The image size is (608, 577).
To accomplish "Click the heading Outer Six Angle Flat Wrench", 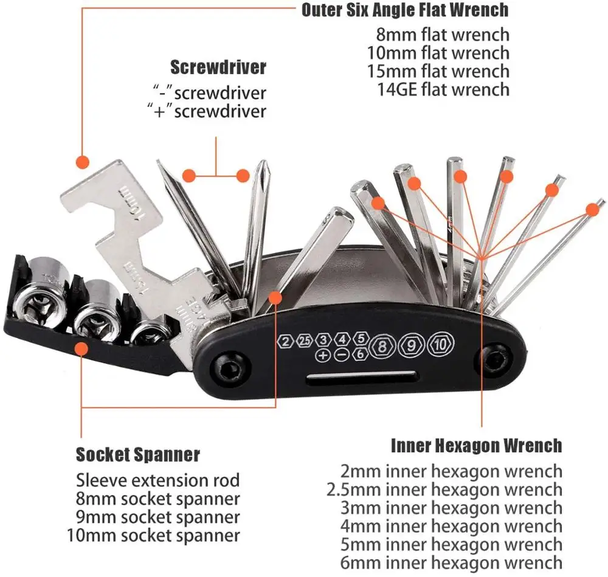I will (405, 10).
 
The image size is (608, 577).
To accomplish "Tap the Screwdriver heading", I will (218, 67).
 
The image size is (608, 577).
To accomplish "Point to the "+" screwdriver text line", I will (207, 111).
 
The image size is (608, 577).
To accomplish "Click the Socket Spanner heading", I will (138, 454).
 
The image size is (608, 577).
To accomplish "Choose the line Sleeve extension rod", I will (158, 480).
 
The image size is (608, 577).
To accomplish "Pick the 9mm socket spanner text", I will (158, 517).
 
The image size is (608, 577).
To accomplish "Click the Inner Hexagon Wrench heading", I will (476, 446).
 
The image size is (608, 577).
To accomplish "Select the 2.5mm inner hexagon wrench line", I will (444, 489).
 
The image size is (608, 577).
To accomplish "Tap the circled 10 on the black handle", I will (441, 345).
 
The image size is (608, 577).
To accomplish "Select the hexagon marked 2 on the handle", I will (285, 340).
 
